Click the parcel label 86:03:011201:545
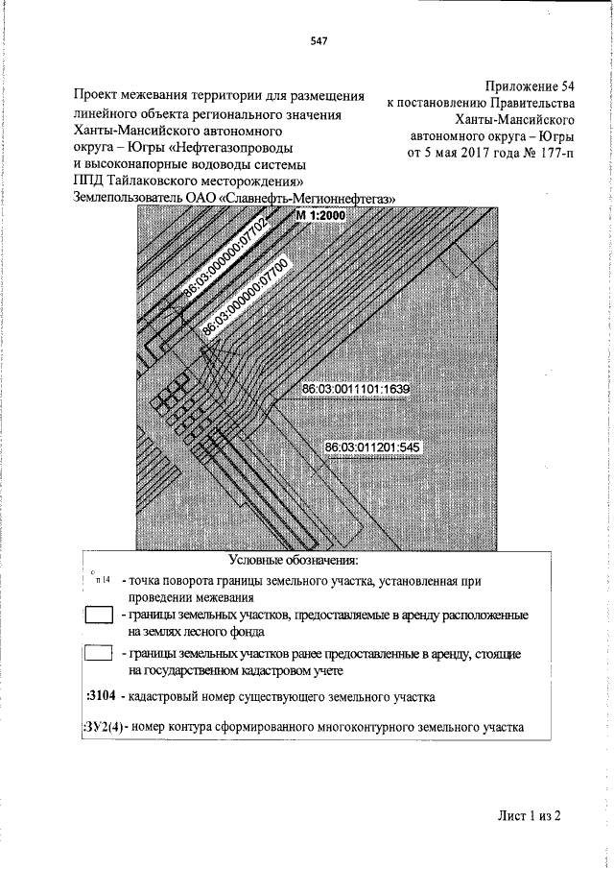373,447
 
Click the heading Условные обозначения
294,559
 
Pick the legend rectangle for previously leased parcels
100,655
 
